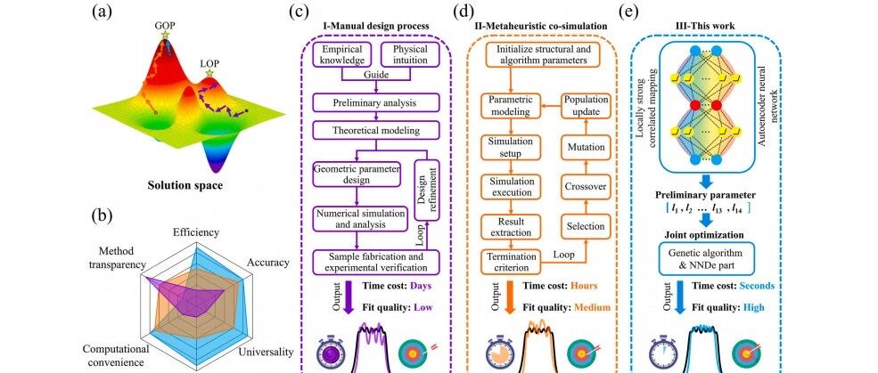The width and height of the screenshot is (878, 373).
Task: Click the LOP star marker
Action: (x=211, y=75)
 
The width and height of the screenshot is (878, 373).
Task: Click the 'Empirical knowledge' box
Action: (x=342, y=55)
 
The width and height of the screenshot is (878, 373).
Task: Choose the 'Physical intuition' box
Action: (x=406, y=55)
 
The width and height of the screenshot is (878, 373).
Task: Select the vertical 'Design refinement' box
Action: (x=432, y=195)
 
